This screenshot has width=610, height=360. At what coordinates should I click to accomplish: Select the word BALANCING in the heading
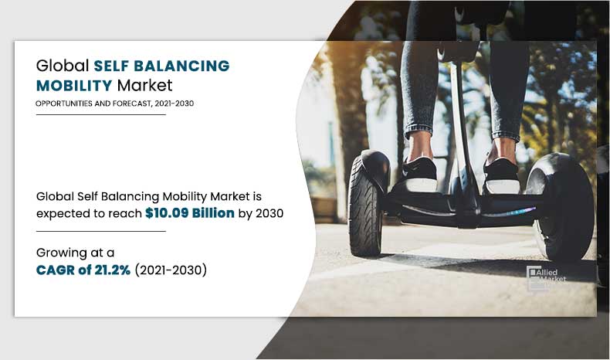point(181,66)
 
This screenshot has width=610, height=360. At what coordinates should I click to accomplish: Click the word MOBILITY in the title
point(73,85)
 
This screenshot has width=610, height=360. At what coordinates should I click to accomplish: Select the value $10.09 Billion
point(190,213)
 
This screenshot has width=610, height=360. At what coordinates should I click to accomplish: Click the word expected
point(64,213)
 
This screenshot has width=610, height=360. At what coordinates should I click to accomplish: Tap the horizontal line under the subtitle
point(100,114)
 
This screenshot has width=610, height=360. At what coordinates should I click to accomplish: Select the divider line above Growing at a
point(100,231)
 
